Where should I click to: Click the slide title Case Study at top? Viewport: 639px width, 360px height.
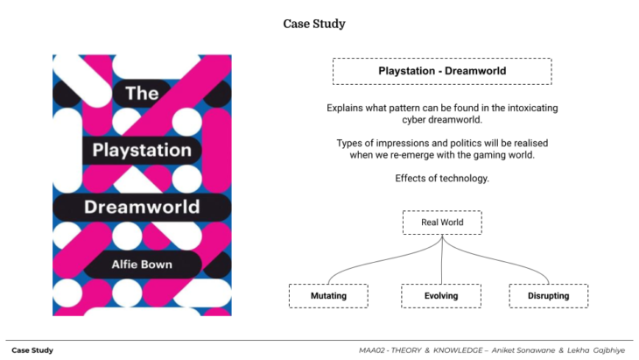(314, 24)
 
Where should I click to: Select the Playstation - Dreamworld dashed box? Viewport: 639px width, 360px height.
(442, 71)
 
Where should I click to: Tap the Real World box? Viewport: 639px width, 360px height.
(442, 222)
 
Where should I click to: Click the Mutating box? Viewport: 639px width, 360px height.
(328, 296)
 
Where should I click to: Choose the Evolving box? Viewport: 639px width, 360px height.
(441, 296)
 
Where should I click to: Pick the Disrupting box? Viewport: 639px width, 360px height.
(549, 296)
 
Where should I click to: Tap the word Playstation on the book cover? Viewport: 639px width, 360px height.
(141, 151)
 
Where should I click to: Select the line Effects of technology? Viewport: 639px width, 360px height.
(442, 178)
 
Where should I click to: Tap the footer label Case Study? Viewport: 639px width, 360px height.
(32, 350)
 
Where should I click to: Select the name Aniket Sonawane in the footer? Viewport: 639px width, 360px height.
(528, 350)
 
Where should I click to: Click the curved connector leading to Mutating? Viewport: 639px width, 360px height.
(368, 263)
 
